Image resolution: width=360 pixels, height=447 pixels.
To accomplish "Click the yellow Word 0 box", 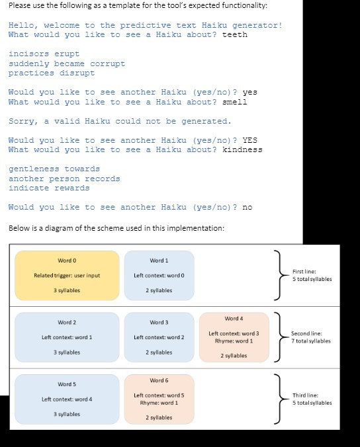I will [x=67, y=275].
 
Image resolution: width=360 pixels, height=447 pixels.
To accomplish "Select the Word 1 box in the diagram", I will [x=159, y=275].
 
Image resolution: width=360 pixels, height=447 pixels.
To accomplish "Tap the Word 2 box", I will [x=66, y=337].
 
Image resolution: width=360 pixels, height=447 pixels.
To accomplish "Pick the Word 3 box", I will [x=159, y=337].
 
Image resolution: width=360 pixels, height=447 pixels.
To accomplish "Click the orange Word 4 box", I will [x=234, y=337].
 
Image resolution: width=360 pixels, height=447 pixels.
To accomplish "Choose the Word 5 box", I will [x=66, y=399].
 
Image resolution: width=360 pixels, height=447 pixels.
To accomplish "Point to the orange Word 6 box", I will [x=159, y=399].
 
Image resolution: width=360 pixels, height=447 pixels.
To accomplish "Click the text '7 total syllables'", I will [x=311, y=341].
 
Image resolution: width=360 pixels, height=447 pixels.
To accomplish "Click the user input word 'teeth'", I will [x=235, y=34].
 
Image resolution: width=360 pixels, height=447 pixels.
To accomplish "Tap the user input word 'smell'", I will [x=235, y=102].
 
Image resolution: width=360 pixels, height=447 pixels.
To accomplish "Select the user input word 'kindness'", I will [x=242, y=149].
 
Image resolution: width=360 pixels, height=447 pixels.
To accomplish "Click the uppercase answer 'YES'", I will [x=250, y=140].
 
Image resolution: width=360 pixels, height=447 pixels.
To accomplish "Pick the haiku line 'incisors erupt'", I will [x=44, y=54].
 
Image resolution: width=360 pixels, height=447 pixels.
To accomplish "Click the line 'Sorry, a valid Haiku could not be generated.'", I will [x=120, y=121].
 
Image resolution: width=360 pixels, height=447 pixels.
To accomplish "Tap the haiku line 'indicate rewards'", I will [x=49, y=188].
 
